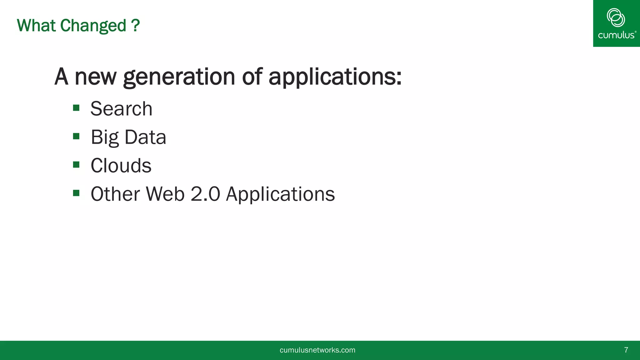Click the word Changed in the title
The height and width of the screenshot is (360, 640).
click(93, 26)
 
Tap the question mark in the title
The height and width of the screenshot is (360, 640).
click(136, 26)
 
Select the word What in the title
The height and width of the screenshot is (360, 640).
click(37, 26)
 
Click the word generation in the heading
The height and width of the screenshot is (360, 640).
click(179, 77)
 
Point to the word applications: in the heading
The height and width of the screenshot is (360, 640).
click(335, 77)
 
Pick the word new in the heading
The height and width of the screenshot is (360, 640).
click(95, 77)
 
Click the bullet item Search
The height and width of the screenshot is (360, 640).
click(121, 109)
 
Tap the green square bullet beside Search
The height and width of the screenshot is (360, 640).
click(76, 108)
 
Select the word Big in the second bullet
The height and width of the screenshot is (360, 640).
click(105, 137)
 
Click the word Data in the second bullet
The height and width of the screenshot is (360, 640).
click(145, 137)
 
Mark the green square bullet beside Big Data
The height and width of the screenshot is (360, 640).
click(76, 136)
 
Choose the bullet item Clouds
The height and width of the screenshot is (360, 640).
click(121, 165)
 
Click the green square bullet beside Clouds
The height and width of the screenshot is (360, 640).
click(76, 165)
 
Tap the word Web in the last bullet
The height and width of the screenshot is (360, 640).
click(165, 194)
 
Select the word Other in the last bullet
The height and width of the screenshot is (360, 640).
click(115, 194)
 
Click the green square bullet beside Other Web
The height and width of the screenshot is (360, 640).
click(76, 193)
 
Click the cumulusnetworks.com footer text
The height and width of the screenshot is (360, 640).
click(317, 350)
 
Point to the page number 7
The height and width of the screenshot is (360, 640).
click(626, 350)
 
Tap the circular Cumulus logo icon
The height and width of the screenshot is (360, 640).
click(616, 17)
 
